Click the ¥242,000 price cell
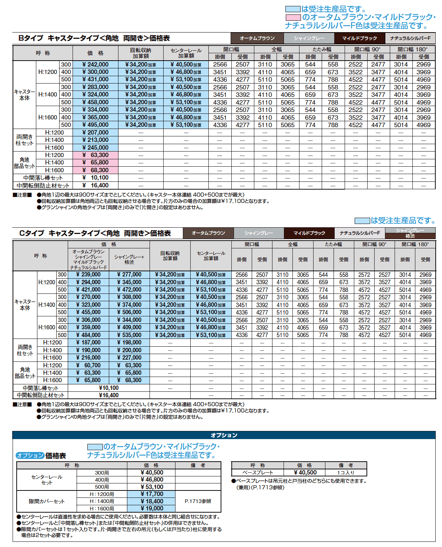pos(95,65)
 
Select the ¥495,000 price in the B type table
pos(95,125)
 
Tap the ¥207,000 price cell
pos(95,133)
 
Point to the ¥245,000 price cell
pos(95,148)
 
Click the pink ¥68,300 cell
pos(95,170)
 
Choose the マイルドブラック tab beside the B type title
pos(359,38)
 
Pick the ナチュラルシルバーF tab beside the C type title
pos(360,233)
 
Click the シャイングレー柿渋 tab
pos(410,233)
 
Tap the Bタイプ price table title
pos(94,38)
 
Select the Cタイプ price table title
pos(95,233)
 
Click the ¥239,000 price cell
pos(88,275)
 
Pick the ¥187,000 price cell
pos(88,343)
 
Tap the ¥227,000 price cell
pos(129,358)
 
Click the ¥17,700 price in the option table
pos(151,494)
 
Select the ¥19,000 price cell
pos(151,509)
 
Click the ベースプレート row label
pos(258,473)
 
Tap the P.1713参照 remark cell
pos(198,502)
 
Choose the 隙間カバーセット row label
pos(47,502)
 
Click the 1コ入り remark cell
pos(346,473)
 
